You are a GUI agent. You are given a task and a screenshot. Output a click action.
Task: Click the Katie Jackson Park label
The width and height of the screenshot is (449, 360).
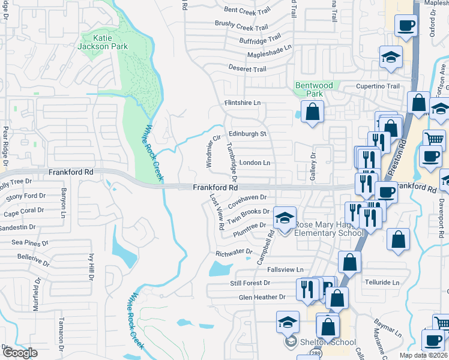pos(103,41)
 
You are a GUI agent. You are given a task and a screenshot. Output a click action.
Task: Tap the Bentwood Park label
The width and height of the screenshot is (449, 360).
pos(314,90)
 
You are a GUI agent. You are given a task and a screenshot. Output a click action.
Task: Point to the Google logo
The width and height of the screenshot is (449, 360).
pos(19,353)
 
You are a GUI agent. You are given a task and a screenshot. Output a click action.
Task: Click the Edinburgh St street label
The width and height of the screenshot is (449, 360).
pos(247,134)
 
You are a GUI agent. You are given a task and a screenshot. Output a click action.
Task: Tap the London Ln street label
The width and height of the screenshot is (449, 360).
pos(255,163)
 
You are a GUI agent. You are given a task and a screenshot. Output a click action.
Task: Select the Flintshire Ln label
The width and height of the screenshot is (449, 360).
pos(243,103)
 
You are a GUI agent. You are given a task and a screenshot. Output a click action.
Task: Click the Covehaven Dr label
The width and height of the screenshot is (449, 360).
pos(246,197)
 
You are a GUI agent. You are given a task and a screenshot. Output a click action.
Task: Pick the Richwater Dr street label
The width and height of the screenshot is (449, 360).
pos(234,253)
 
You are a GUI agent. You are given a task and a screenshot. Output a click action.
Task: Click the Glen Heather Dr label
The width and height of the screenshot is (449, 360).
pos(262,297)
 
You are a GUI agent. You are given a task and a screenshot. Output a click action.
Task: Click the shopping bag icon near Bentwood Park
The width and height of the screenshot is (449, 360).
pos(312,111)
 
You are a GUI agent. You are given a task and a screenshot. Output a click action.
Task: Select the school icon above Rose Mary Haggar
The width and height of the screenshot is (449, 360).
pos(285,216)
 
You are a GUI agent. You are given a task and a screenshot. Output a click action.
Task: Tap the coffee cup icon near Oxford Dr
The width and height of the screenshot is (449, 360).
pos(406,26)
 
